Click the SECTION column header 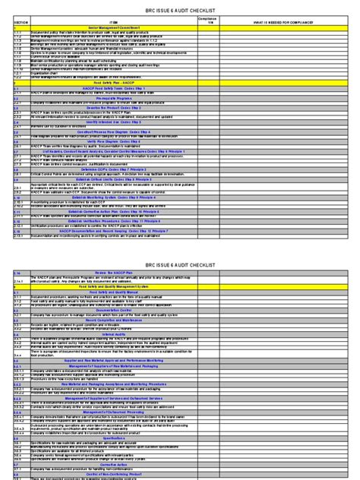[x=21, y=22]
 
